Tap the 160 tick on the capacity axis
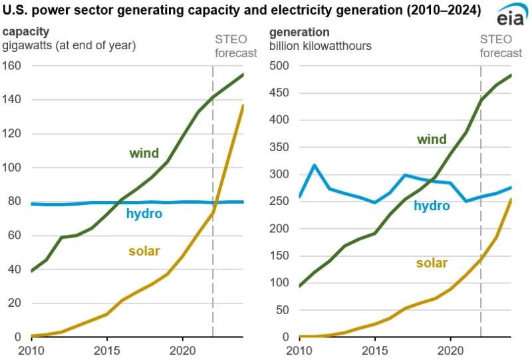coord(12,66)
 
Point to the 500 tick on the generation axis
coord(279,66)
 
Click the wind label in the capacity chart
coord(144,154)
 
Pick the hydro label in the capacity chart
coord(144,214)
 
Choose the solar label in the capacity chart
coord(144,251)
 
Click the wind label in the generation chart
coord(432,139)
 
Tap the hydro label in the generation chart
coord(432,206)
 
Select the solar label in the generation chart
coord(432,263)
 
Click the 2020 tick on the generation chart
coord(450,349)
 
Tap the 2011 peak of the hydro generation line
coord(313,165)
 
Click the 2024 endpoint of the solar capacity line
coord(243,105)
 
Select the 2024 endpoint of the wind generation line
coord(510,75)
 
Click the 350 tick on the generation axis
coord(279,147)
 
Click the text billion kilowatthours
coord(321,45)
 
